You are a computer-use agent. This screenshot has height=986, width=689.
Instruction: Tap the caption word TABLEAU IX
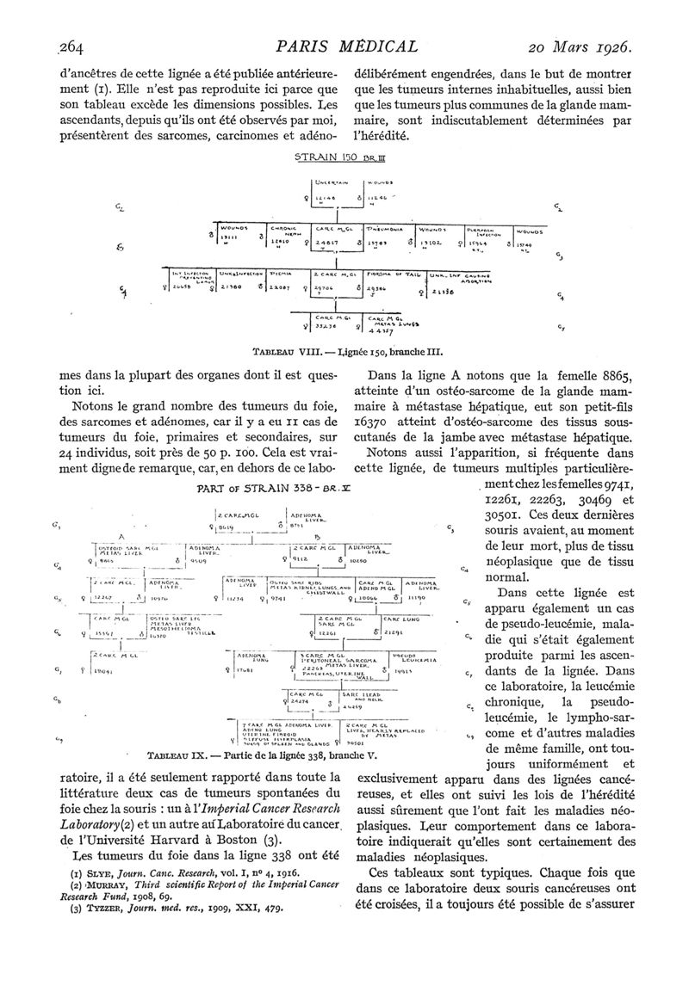(177, 757)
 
